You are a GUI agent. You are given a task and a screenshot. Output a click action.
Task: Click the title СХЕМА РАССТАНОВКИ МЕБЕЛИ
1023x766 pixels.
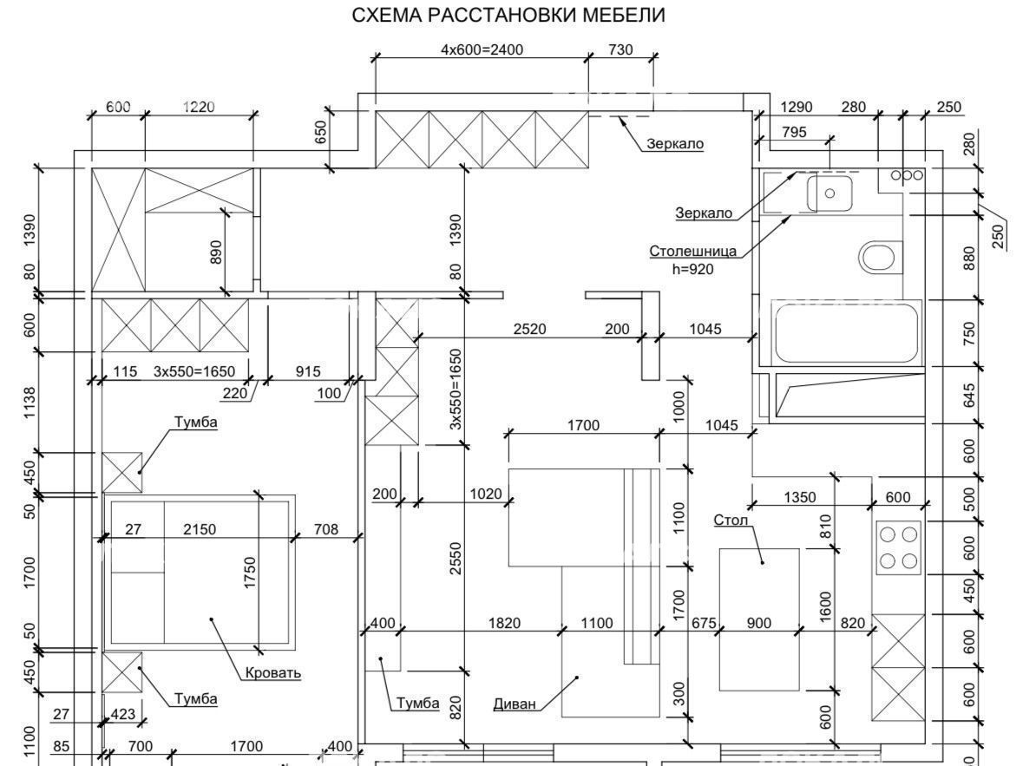[508, 15]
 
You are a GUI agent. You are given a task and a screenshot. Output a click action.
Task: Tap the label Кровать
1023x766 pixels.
[273, 672]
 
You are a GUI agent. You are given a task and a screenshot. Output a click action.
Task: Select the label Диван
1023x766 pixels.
[515, 704]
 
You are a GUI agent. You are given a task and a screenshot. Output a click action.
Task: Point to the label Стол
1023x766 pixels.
[731, 520]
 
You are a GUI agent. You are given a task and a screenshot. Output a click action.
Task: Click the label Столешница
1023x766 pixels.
[693, 252]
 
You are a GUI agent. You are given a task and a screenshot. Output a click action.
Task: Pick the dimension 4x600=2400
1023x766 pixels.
[482, 49]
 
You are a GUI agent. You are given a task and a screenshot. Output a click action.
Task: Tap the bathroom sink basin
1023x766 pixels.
[830, 193]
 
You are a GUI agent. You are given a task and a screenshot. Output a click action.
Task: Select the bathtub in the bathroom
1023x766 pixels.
[846, 331]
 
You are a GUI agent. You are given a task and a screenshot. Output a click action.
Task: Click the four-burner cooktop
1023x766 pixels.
[898, 547]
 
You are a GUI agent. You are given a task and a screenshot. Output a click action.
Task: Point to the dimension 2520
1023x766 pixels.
[530, 329]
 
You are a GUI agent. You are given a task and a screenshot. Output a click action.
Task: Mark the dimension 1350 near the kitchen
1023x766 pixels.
[800, 497]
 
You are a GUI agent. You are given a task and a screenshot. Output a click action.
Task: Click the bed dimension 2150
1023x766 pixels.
[199, 529]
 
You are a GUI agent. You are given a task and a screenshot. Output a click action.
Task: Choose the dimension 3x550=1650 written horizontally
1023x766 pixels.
[194, 371]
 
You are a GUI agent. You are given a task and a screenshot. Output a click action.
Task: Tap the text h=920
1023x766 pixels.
[693, 269]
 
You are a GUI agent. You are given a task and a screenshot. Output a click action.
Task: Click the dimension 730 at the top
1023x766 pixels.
[620, 49]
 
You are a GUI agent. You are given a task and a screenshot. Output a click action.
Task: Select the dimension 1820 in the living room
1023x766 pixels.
[504, 623]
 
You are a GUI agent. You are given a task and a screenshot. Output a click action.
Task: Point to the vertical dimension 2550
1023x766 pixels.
[456, 559]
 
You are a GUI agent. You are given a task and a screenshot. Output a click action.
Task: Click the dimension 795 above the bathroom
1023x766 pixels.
[794, 132]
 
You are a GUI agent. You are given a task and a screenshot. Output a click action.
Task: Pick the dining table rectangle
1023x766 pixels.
[759, 619]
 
